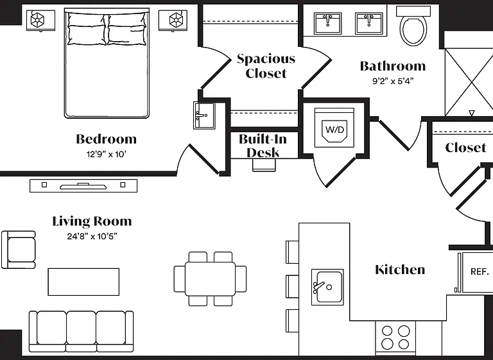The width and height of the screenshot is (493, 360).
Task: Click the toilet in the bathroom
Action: tap(413, 26)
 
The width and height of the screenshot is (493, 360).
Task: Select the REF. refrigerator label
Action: tap(480, 271)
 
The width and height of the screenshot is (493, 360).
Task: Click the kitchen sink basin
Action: tap(327, 287)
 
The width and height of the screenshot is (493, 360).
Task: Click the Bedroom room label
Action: tap(107, 139)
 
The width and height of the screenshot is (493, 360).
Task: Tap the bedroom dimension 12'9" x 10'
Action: tap(107, 155)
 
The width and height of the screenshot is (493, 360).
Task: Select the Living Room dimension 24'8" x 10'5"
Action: tap(92, 236)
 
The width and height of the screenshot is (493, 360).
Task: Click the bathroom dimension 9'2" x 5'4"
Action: tap(393, 81)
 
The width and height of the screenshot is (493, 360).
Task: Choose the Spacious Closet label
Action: tap(266, 66)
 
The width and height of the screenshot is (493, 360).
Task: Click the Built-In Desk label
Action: tap(263, 146)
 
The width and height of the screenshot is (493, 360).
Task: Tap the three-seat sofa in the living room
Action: tap(81, 331)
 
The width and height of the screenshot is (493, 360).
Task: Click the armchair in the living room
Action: tap(19, 250)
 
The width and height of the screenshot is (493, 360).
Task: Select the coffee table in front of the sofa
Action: tap(83, 282)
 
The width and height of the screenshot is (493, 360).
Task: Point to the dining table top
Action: tap(210, 279)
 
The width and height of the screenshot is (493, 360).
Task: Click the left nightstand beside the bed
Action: tap(40, 21)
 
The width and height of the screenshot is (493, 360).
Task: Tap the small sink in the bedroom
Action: tap(204, 116)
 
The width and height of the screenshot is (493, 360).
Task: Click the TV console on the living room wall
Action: tap(83, 186)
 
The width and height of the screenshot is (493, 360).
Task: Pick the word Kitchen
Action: tap(400, 270)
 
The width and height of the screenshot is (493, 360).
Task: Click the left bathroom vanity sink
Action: tap(327, 23)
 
